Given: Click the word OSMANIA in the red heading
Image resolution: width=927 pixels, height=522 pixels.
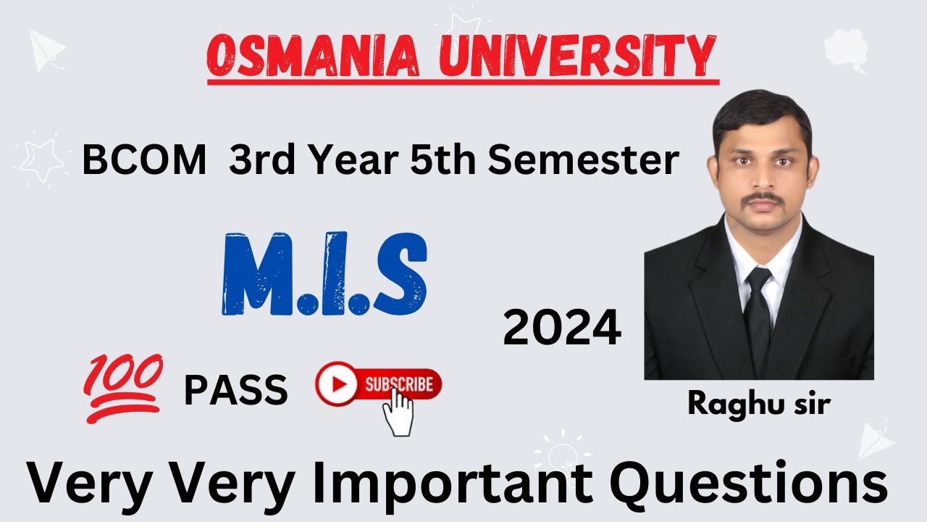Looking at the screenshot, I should click(x=316, y=57).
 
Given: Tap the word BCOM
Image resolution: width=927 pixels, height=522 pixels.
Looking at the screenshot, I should click(x=143, y=161).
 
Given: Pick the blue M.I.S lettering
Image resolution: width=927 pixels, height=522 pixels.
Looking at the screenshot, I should click(x=324, y=274).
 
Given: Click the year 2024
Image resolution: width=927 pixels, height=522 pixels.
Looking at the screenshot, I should click(x=562, y=328).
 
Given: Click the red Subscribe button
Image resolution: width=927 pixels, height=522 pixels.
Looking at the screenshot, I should click(x=378, y=384).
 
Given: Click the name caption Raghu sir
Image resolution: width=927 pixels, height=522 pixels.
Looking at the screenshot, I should click(x=758, y=404).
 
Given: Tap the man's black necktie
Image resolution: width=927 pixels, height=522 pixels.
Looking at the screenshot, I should click(x=758, y=312).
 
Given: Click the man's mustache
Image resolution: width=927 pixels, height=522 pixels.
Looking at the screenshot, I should click(x=758, y=197).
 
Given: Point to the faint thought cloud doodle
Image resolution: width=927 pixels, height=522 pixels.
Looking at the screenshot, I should click(x=844, y=48).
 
